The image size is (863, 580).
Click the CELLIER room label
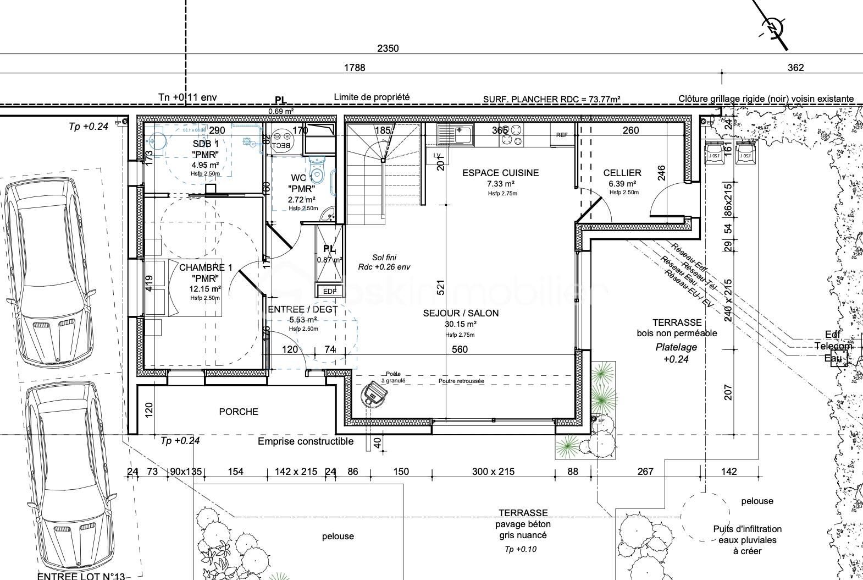(x=622, y=173)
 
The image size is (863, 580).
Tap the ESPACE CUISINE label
(x=500, y=173)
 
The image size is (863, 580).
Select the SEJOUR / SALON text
(x=461, y=313)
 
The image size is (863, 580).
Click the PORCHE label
(x=238, y=412)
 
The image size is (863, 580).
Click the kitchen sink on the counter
(x=455, y=134)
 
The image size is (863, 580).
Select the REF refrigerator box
(x=562, y=135)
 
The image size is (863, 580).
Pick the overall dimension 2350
(x=388, y=48)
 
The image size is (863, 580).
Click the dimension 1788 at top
(x=355, y=68)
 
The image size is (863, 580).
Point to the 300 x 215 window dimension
(x=493, y=472)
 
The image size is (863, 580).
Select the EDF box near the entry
(x=329, y=291)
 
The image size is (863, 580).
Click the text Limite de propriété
(x=372, y=97)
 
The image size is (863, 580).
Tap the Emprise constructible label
(x=306, y=441)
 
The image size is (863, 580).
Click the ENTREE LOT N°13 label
(x=81, y=576)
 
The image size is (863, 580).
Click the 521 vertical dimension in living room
(x=440, y=287)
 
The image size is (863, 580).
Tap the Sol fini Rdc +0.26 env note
(x=384, y=262)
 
